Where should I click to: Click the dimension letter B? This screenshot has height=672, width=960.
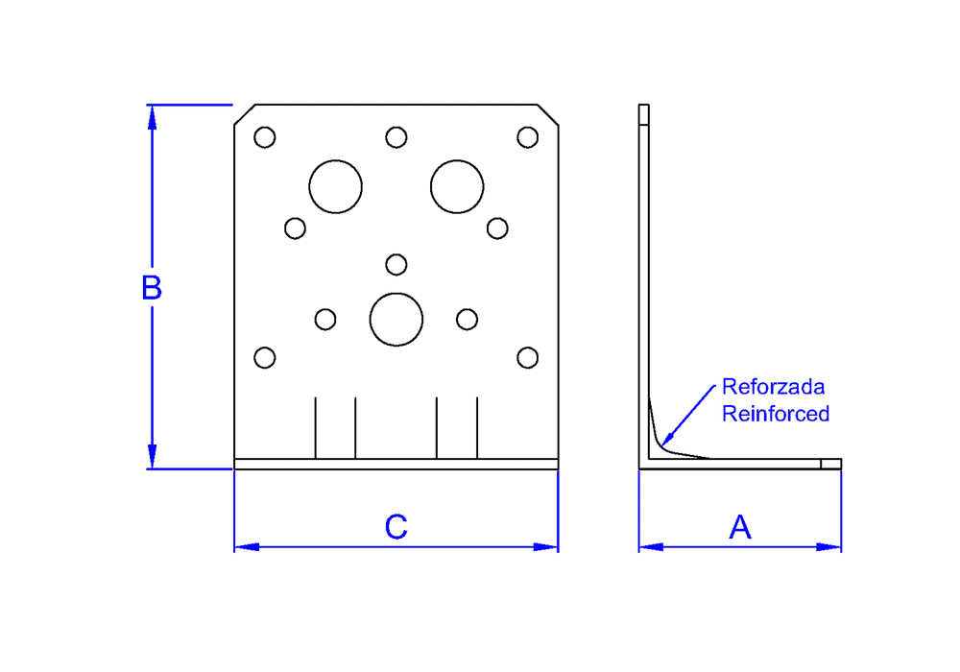click(x=151, y=288)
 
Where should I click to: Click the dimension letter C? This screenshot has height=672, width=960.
click(x=396, y=527)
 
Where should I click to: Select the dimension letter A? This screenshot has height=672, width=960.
click(x=740, y=527)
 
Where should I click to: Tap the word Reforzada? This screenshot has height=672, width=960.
click(x=773, y=388)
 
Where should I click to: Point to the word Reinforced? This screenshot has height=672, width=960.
click(x=775, y=414)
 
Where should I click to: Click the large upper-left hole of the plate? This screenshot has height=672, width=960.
click(x=335, y=186)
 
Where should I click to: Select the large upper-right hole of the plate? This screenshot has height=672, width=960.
click(x=457, y=186)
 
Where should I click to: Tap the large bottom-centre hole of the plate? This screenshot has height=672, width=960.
click(x=396, y=319)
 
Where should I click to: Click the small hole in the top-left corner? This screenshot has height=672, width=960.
click(x=265, y=137)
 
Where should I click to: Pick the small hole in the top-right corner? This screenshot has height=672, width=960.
click(x=527, y=137)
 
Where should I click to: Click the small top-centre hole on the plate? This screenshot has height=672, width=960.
click(x=396, y=137)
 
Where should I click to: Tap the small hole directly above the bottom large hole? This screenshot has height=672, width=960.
click(x=396, y=264)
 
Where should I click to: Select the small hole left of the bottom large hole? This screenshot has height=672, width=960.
click(x=325, y=319)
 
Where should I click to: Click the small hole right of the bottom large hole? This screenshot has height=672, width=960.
click(x=467, y=319)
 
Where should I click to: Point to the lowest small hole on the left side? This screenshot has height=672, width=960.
click(x=265, y=358)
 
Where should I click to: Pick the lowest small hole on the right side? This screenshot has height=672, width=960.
click(x=527, y=358)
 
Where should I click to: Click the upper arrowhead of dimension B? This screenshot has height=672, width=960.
click(x=151, y=115)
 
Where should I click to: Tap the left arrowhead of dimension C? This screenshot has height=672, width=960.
click(x=246, y=547)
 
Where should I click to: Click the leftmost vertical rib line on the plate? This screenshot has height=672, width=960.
click(x=316, y=427)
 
